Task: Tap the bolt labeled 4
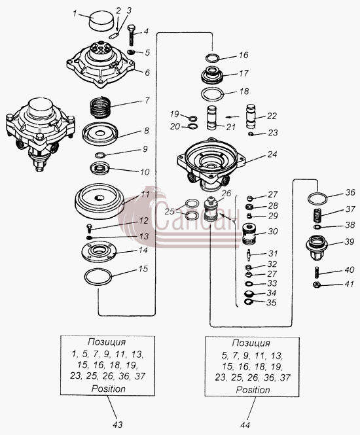[132, 35]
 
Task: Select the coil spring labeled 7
[101, 107]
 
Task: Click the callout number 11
[145, 194]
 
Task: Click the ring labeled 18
[213, 94]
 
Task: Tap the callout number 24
[272, 154]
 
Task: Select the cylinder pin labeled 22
[251, 116]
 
